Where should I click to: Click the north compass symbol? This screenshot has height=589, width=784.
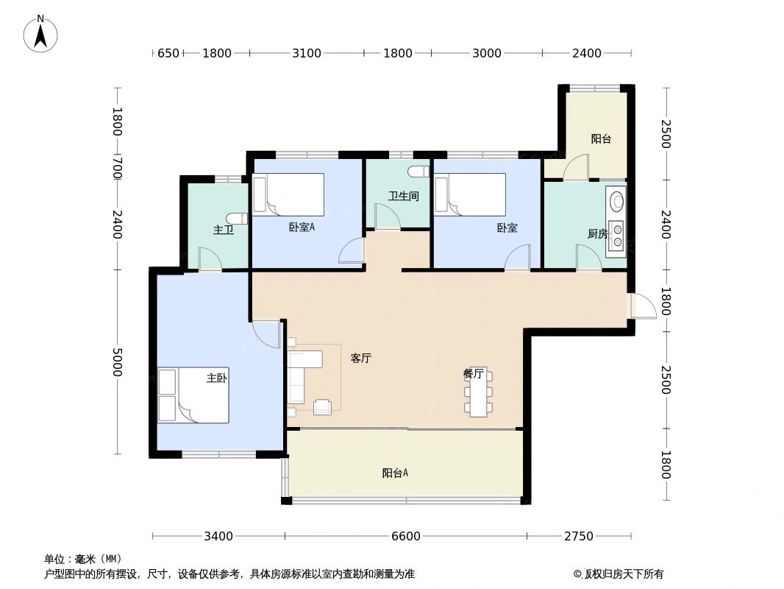40,33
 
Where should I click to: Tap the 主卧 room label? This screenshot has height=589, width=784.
215,378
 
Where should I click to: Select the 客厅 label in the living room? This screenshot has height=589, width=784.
360,359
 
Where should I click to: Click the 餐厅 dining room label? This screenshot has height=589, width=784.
473,373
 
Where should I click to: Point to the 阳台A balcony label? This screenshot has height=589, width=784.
395,473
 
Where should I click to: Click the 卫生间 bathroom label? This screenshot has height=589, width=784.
403,197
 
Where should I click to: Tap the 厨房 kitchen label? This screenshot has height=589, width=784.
597,234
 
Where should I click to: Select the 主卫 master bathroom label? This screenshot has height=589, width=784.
224,230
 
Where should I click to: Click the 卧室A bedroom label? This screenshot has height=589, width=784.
302,228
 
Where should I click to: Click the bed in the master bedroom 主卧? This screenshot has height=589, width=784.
193,395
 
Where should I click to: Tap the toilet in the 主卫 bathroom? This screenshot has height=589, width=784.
237,219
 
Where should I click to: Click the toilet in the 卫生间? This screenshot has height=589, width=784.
418,172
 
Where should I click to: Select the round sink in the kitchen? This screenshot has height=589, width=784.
616,200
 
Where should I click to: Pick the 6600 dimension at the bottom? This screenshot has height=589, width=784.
405,536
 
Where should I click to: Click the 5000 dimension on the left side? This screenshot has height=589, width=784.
116,362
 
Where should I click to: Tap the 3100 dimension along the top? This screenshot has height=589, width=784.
307,53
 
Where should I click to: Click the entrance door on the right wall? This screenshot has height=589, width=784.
641,306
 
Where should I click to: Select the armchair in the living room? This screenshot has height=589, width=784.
323,406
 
